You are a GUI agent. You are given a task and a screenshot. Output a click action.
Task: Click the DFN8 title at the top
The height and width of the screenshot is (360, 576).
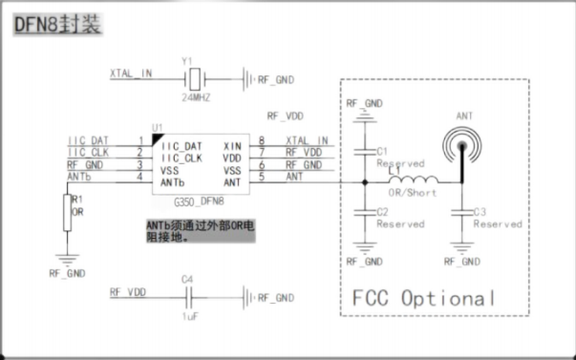[57, 25]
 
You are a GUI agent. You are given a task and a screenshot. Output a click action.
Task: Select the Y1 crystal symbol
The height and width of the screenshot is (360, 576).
[194, 79]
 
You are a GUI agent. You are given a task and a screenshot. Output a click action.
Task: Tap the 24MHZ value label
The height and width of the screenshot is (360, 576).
[196, 97]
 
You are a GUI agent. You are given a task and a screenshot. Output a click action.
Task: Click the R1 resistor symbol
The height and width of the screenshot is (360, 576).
[67, 213]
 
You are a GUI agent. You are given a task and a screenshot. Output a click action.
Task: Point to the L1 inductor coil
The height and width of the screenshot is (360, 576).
[414, 180]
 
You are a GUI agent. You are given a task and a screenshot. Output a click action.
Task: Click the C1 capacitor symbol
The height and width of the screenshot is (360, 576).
[365, 152]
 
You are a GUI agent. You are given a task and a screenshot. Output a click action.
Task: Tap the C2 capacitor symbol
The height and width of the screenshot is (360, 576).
[365, 212]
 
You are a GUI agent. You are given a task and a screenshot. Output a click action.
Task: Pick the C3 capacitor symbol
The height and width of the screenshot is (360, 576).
[461, 212]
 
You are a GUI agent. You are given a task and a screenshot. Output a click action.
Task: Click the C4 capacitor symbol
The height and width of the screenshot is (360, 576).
[189, 298]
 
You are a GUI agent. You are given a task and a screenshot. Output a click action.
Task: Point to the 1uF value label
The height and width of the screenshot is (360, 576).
[190, 316]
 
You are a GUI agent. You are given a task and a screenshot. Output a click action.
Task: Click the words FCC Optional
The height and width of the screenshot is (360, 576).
[423, 298]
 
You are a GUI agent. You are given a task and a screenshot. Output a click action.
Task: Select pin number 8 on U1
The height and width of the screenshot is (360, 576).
[262, 140]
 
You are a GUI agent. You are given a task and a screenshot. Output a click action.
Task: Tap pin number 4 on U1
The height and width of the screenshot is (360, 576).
[139, 177]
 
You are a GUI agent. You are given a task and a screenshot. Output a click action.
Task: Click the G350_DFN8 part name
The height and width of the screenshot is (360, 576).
[199, 201]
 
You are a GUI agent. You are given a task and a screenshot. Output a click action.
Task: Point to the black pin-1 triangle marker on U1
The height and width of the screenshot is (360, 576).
[157, 138]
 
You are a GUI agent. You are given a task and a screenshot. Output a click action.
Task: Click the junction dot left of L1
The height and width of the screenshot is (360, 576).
[365, 182]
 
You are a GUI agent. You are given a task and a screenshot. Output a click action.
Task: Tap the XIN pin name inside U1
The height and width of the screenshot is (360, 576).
[232, 146]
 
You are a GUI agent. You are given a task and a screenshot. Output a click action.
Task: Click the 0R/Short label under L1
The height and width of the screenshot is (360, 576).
[413, 193]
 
